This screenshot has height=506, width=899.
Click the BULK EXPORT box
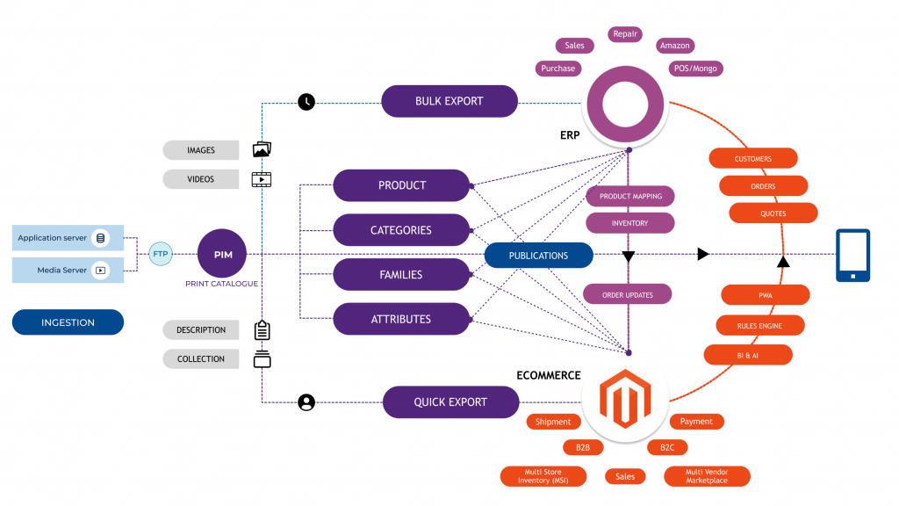449,101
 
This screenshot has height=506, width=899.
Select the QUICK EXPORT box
449,402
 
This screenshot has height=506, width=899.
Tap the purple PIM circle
222,255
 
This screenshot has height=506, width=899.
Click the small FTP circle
161,255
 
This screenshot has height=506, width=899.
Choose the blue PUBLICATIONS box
538,256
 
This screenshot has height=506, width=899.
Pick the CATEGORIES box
401,230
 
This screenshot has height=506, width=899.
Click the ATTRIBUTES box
401,319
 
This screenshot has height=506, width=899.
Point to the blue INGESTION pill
68,322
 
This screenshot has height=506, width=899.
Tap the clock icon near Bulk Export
306,101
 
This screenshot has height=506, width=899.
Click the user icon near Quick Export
306,402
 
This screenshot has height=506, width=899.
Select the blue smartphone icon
852,256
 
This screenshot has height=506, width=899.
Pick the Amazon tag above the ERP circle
675,46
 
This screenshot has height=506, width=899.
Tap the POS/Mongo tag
694,69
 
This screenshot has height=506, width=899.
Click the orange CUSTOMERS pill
752,159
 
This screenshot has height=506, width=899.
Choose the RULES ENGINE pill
759,326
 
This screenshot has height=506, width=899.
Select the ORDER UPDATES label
629,295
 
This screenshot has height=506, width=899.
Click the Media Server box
68,271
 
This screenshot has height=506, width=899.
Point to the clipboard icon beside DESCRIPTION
262,330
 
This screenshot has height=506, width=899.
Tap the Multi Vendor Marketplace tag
707,476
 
